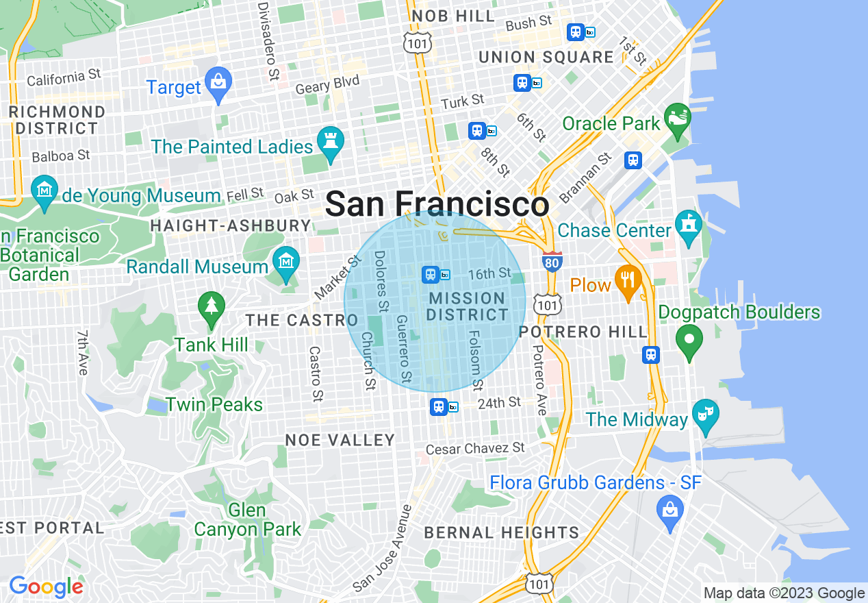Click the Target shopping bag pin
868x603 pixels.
(x=218, y=83)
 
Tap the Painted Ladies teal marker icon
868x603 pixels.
(x=331, y=142)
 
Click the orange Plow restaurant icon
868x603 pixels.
(x=626, y=280)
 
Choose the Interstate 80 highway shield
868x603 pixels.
(x=552, y=262)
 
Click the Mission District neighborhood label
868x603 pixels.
(x=468, y=306)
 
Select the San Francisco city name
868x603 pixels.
(x=437, y=204)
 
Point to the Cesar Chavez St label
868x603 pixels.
(x=475, y=449)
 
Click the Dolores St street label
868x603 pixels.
(x=381, y=279)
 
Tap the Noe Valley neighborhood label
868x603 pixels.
(x=340, y=440)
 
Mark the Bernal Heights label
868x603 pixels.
(x=502, y=532)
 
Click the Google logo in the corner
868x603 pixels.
(x=46, y=587)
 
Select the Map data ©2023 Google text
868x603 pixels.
(x=784, y=593)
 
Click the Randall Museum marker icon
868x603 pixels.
(x=285, y=261)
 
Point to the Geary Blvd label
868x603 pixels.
(x=327, y=85)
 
